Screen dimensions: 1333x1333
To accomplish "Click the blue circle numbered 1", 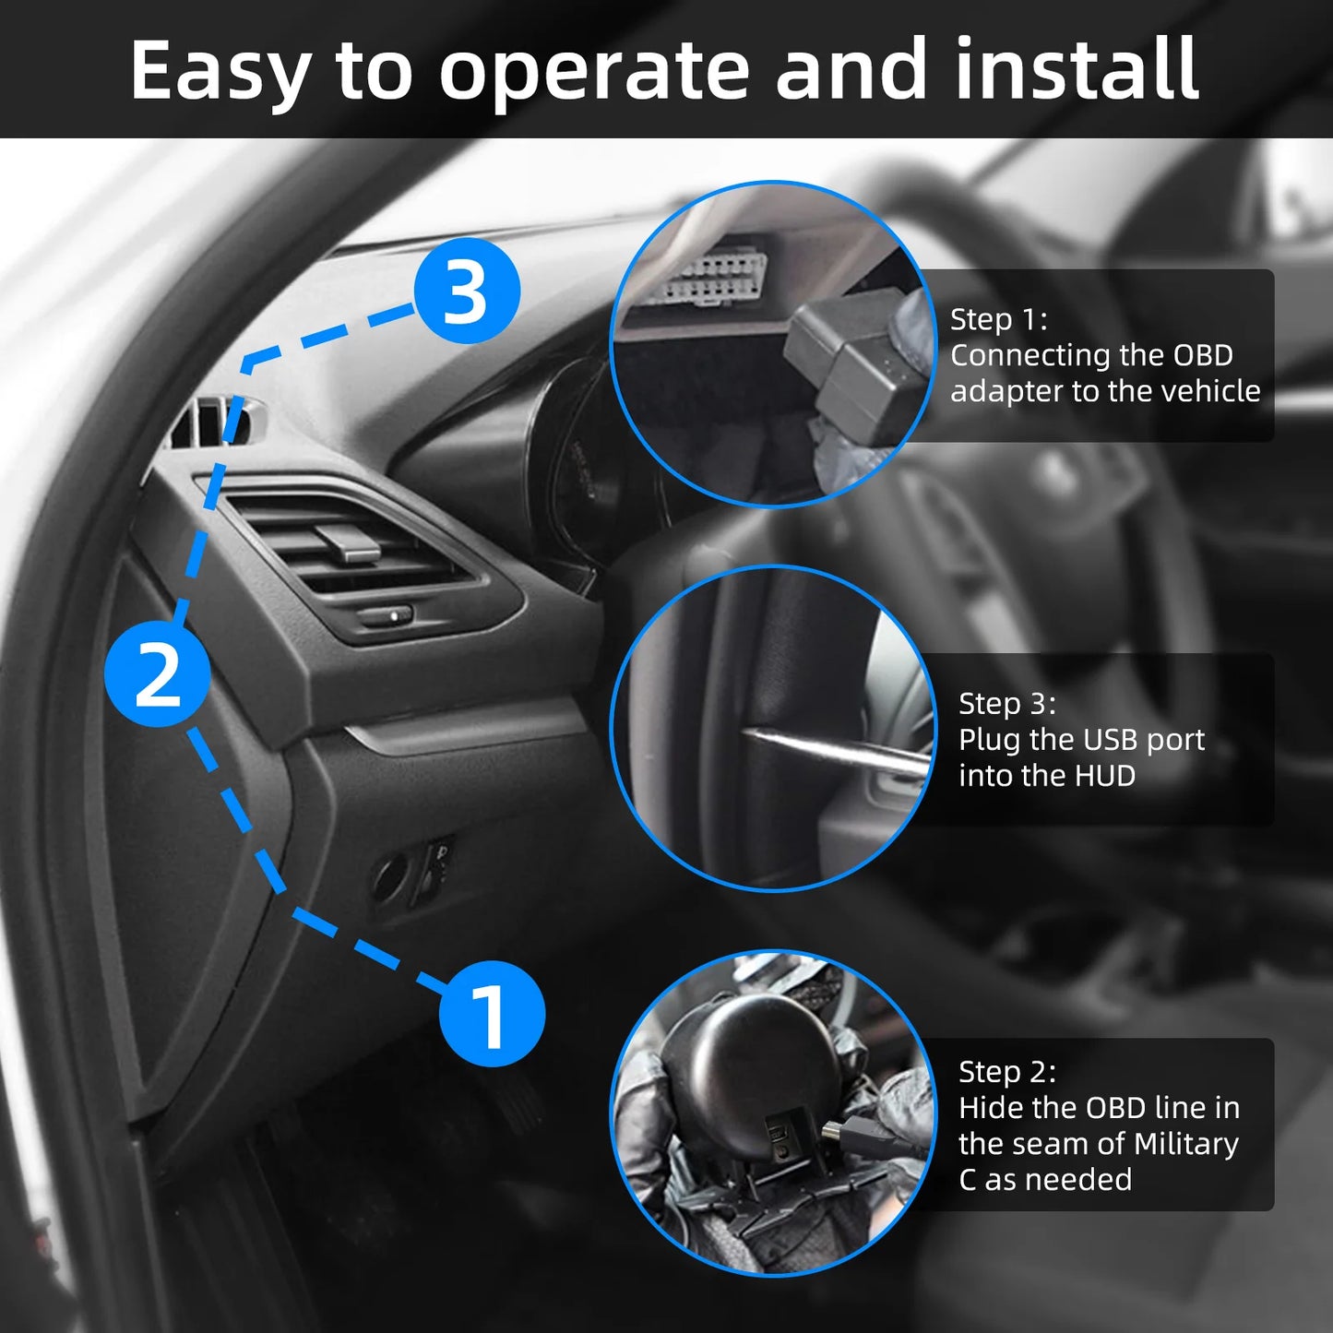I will coord(491,1014).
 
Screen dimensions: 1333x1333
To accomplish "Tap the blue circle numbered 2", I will coord(157,673).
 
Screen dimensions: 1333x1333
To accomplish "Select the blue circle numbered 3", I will coord(466,292).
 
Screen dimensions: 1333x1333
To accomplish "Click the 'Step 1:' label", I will coord(998,319).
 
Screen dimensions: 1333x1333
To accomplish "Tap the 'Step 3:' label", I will coord(1006,704).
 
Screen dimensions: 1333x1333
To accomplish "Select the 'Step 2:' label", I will coord(1006,1072).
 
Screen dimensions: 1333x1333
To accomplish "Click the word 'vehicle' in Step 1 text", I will coord(1210,391).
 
